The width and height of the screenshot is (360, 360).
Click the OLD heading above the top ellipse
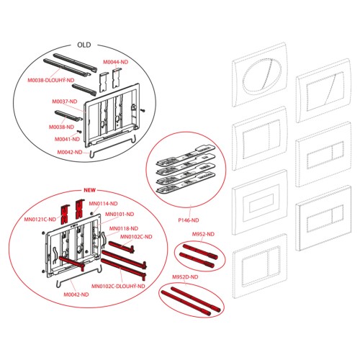(84, 45)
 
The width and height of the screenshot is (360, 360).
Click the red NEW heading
(89, 190)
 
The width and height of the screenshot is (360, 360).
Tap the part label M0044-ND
(116, 62)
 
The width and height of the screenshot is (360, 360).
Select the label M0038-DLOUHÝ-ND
(51, 80)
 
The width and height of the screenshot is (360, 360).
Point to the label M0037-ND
(65, 102)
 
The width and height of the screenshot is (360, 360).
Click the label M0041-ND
(67, 139)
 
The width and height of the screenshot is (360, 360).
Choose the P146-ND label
(189, 220)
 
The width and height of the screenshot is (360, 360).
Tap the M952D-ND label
(185, 277)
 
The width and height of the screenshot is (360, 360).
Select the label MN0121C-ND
(40, 219)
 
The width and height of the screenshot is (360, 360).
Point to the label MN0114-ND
(103, 204)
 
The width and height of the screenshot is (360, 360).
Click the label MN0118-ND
(124, 228)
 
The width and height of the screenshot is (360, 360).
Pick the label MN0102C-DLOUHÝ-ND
(118, 286)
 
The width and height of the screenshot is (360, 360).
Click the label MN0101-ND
(120, 214)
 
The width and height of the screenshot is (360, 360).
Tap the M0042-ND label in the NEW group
(76, 294)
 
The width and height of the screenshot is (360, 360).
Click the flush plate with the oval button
(260, 75)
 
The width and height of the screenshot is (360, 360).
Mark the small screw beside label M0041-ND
(79, 132)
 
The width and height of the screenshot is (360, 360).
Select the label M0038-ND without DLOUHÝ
(61, 127)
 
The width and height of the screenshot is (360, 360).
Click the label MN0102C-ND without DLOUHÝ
(136, 237)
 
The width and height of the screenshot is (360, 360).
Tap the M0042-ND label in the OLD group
(70, 152)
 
